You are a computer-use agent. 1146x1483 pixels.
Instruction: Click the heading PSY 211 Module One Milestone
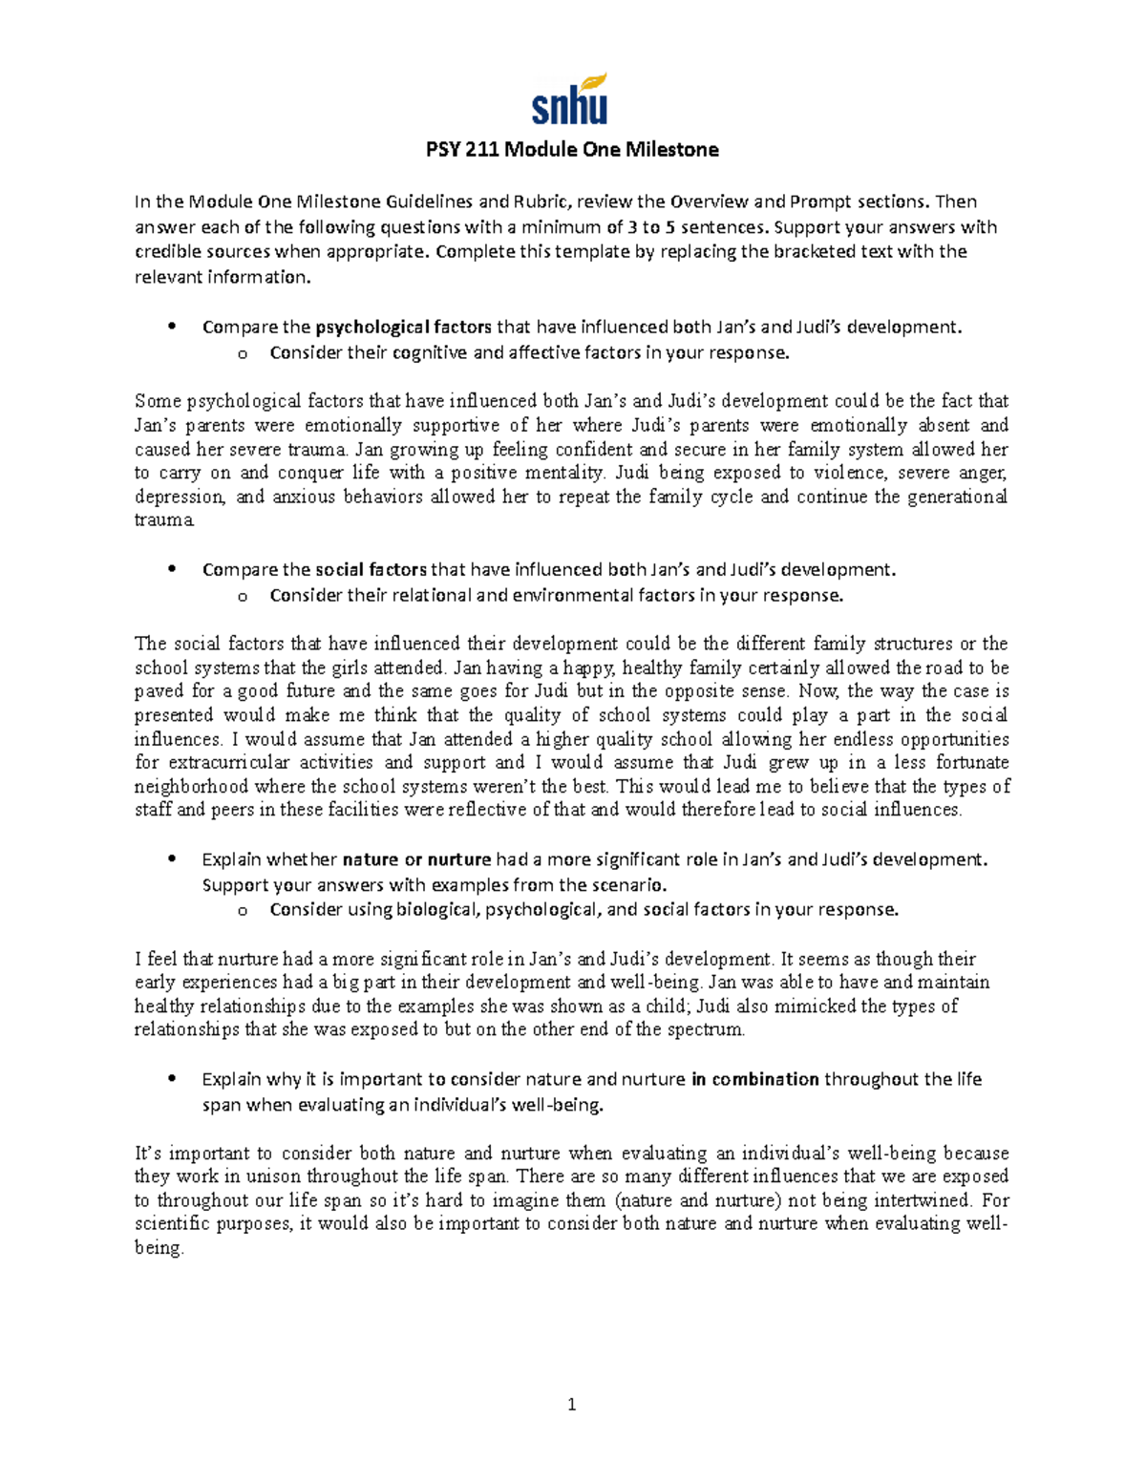[x=571, y=150]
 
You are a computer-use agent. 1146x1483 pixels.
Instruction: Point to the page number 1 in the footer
[x=572, y=1404]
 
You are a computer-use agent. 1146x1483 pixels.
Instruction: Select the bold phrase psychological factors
[x=403, y=328]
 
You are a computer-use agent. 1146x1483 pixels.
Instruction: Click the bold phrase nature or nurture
[x=416, y=859]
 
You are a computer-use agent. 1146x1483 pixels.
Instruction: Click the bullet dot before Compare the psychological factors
[x=172, y=328]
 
